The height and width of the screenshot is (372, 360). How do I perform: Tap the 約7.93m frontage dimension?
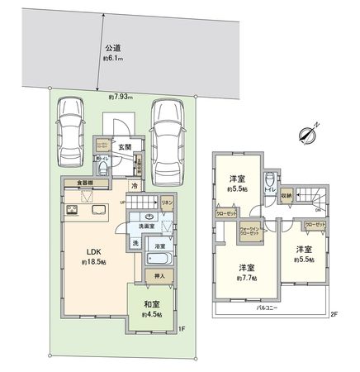click(121, 97)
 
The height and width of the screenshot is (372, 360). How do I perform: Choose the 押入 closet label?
click(160, 275)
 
